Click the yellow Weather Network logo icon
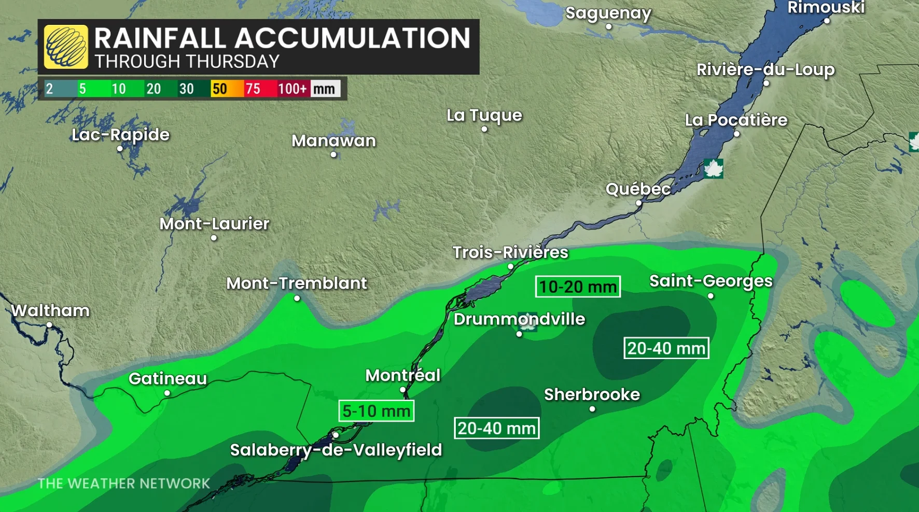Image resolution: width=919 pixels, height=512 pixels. (66, 47)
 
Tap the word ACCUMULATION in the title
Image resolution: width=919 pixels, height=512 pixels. (353, 38)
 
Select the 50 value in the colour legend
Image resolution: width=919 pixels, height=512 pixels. (219, 89)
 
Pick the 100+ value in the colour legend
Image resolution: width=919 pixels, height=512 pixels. (292, 89)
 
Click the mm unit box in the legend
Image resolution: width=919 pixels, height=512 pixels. (325, 89)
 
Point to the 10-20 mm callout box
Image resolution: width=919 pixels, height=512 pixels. (577, 287)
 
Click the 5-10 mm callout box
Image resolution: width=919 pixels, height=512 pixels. (376, 411)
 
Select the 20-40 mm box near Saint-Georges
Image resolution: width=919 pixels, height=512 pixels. (666, 348)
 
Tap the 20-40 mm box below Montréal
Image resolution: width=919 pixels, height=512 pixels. (496, 428)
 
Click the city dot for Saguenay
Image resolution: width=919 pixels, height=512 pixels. (609, 27)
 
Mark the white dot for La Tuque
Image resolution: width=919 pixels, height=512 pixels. (484, 129)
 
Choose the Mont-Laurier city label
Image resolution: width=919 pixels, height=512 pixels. (214, 224)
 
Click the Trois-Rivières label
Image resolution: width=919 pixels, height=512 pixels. (510, 252)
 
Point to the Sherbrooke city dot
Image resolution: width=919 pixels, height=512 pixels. (592, 409)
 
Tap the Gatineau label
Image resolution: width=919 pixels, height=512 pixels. (168, 379)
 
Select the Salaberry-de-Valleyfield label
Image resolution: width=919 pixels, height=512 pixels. (336, 450)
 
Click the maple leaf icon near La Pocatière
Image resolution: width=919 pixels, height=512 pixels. (713, 169)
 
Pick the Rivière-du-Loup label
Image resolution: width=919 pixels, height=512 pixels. (765, 69)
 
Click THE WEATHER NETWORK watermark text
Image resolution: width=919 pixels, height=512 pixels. (124, 483)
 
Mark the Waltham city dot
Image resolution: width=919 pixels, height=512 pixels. (49, 325)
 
